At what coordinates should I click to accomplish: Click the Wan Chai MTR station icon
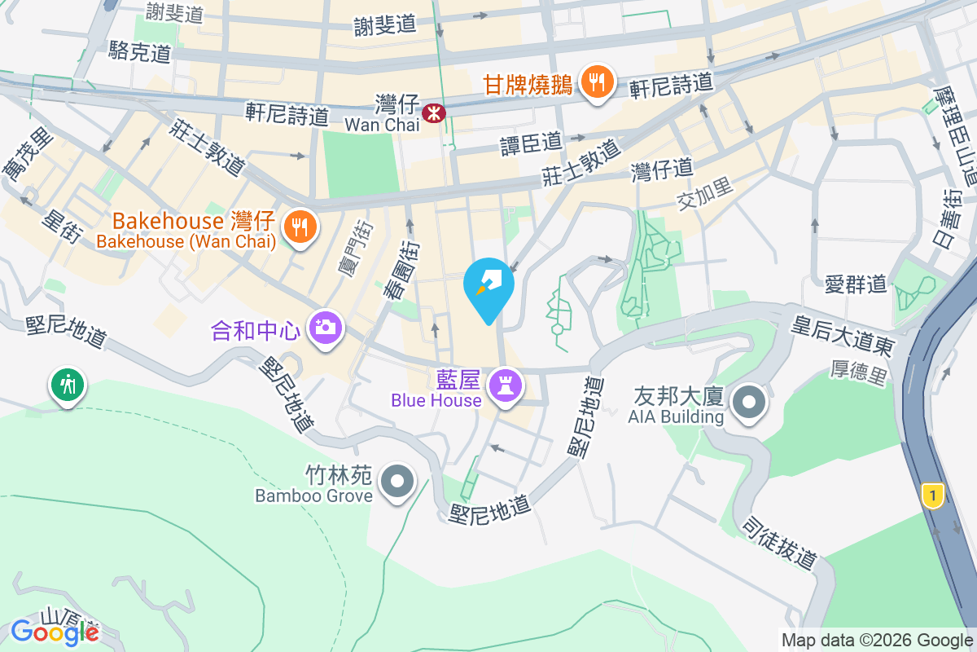(434, 112)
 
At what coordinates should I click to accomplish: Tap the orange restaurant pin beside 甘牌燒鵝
(598, 82)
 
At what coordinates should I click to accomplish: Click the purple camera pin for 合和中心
(325, 328)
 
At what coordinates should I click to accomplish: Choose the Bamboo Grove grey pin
(397, 481)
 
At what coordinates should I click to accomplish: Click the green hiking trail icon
(66, 383)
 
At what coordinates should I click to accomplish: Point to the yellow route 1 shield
(933, 494)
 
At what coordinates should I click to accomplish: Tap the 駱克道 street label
(139, 52)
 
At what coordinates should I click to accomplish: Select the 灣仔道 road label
(662, 170)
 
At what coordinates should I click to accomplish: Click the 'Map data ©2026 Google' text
(876, 640)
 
